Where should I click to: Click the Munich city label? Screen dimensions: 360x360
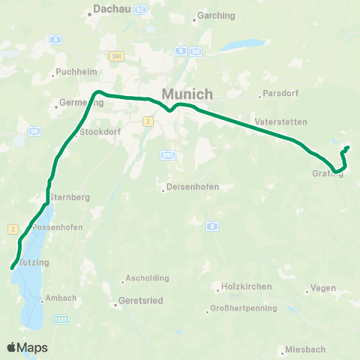[187, 94]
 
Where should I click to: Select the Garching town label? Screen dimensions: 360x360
[216, 16]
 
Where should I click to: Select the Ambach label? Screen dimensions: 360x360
[61, 298]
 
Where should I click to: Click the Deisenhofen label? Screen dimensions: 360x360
[186, 187]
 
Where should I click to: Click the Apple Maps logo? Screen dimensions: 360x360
[27, 347]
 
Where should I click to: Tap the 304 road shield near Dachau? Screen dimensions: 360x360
[115, 55]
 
